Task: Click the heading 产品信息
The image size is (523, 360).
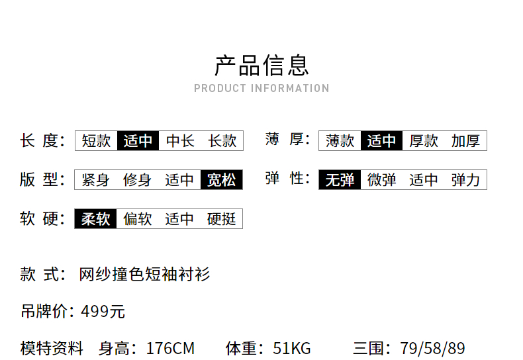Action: (x=261, y=66)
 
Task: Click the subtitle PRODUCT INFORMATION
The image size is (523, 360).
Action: (x=261, y=88)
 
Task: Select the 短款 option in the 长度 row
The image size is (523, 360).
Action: (x=96, y=140)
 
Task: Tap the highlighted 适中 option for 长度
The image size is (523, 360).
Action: (x=138, y=140)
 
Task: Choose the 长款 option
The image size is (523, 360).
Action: (x=222, y=140)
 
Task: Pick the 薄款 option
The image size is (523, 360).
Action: (x=340, y=140)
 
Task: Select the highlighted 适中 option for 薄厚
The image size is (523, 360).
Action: (x=382, y=140)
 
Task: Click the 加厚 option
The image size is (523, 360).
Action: (x=465, y=140)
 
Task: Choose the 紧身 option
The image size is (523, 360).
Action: (x=96, y=179)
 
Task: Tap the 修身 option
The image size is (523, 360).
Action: (x=138, y=179)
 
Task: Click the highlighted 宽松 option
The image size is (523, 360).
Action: (x=221, y=179)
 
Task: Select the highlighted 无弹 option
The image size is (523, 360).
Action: (x=340, y=179)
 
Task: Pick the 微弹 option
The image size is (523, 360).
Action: (x=382, y=179)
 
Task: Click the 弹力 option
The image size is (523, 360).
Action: (x=465, y=179)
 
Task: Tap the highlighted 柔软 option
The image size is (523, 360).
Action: (x=96, y=218)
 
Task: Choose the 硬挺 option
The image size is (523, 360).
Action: (x=221, y=218)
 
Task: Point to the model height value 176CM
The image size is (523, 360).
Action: (x=170, y=348)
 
